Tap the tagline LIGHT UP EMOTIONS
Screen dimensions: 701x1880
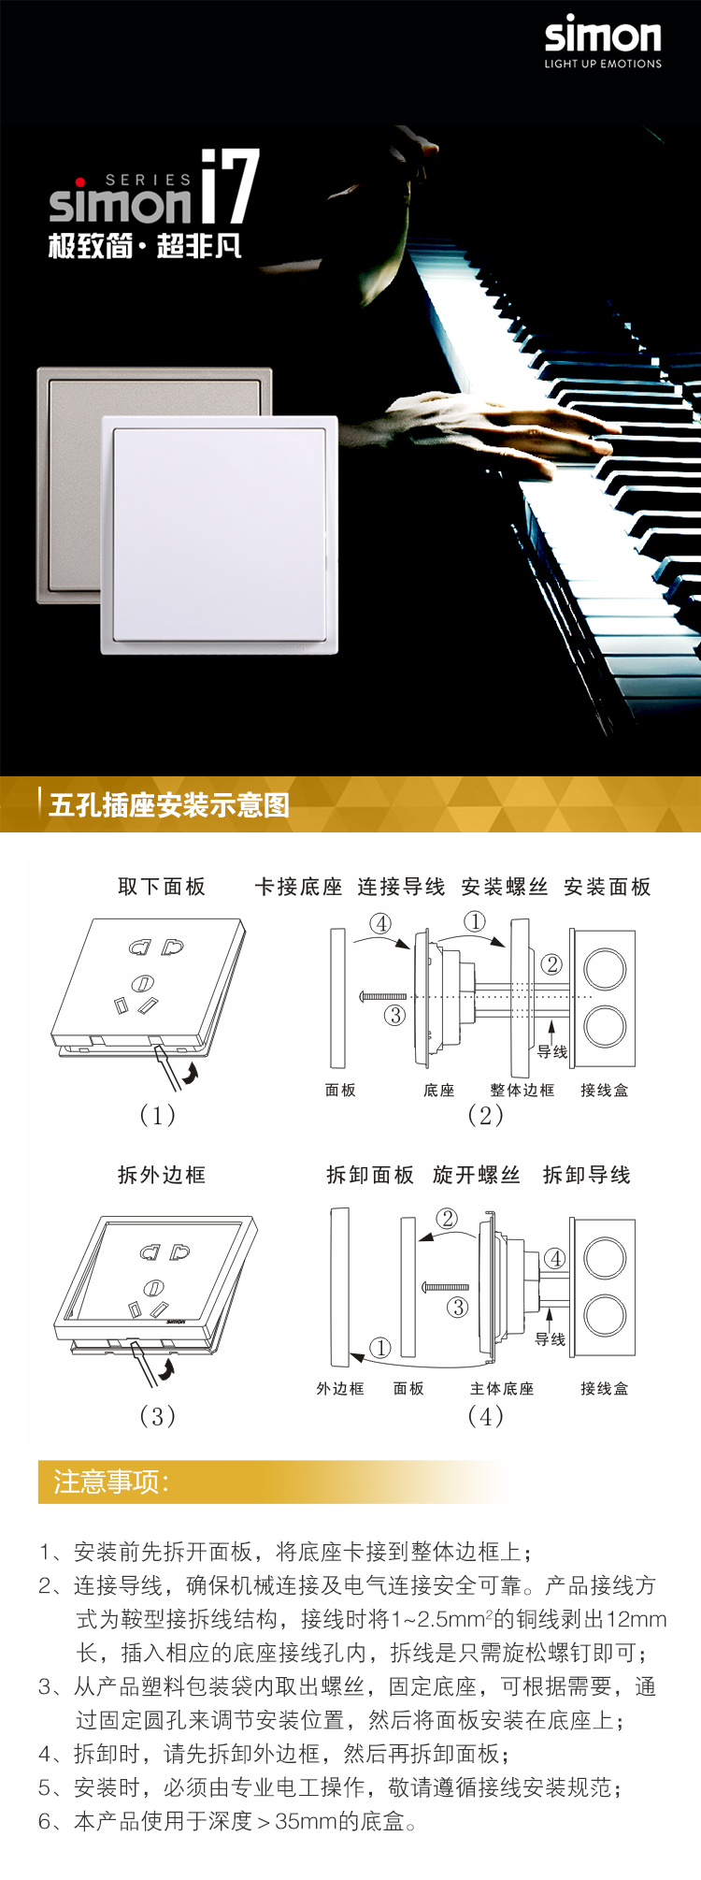coord(603,64)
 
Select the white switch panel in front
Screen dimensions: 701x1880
coord(220,534)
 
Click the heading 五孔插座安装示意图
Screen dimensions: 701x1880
coord(169,804)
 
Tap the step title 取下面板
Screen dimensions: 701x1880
coord(162,887)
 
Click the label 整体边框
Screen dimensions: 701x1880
coord(522,1090)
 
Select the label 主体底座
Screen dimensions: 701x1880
coord(502,1389)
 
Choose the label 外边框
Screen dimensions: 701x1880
coord(340,1389)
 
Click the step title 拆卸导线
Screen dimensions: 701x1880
coord(587,1175)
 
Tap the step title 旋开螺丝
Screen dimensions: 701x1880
coord(477,1175)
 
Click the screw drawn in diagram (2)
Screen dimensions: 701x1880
coord(383,997)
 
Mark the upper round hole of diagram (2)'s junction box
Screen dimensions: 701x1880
coord(605,968)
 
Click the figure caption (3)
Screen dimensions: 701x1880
coord(157,1416)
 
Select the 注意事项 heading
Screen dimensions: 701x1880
coord(111,1482)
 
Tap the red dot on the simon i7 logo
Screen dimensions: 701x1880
coord(80,181)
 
